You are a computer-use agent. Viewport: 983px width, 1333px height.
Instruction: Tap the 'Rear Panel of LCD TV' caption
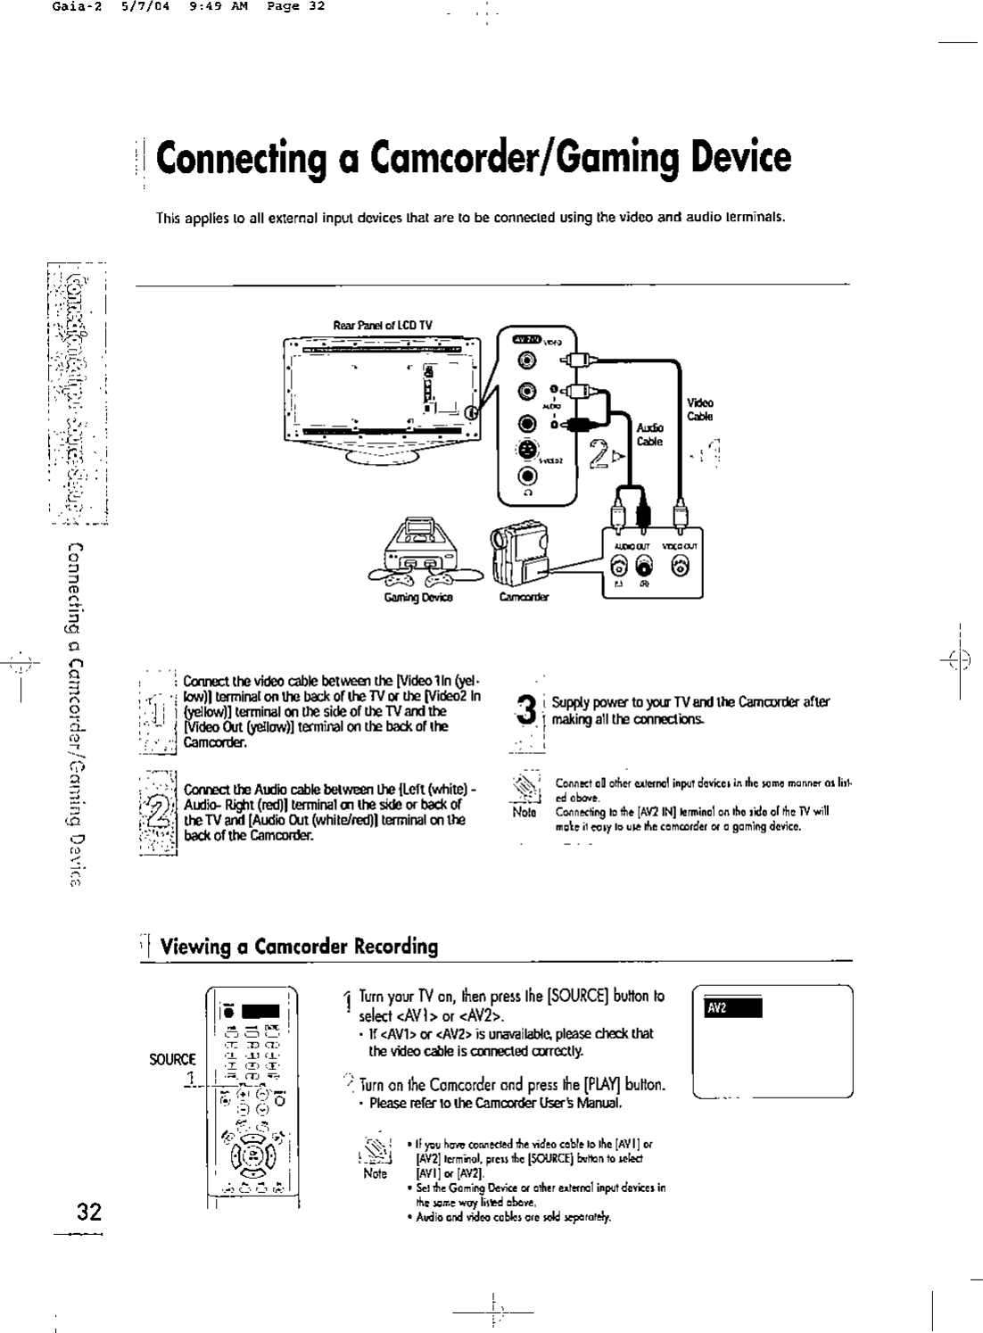pos(382,325)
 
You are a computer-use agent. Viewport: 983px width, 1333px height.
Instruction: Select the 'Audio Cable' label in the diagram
pos(648,435)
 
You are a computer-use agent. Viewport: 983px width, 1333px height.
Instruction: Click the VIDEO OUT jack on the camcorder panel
pos(681,565)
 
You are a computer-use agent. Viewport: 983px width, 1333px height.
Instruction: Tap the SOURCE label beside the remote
pos(172,1059)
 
